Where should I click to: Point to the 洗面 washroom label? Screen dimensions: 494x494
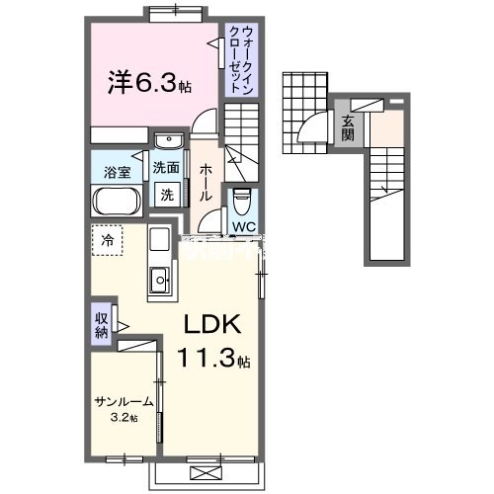tap(165, 168)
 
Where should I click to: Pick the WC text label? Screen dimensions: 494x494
tap(243, 227)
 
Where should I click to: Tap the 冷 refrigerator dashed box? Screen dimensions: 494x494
tap(107, 240)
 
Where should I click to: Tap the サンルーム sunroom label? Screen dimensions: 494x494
tap(124, 402)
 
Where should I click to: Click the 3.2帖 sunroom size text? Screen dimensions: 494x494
tap(124, 417)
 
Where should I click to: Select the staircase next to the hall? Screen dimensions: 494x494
tap(239, 138)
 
